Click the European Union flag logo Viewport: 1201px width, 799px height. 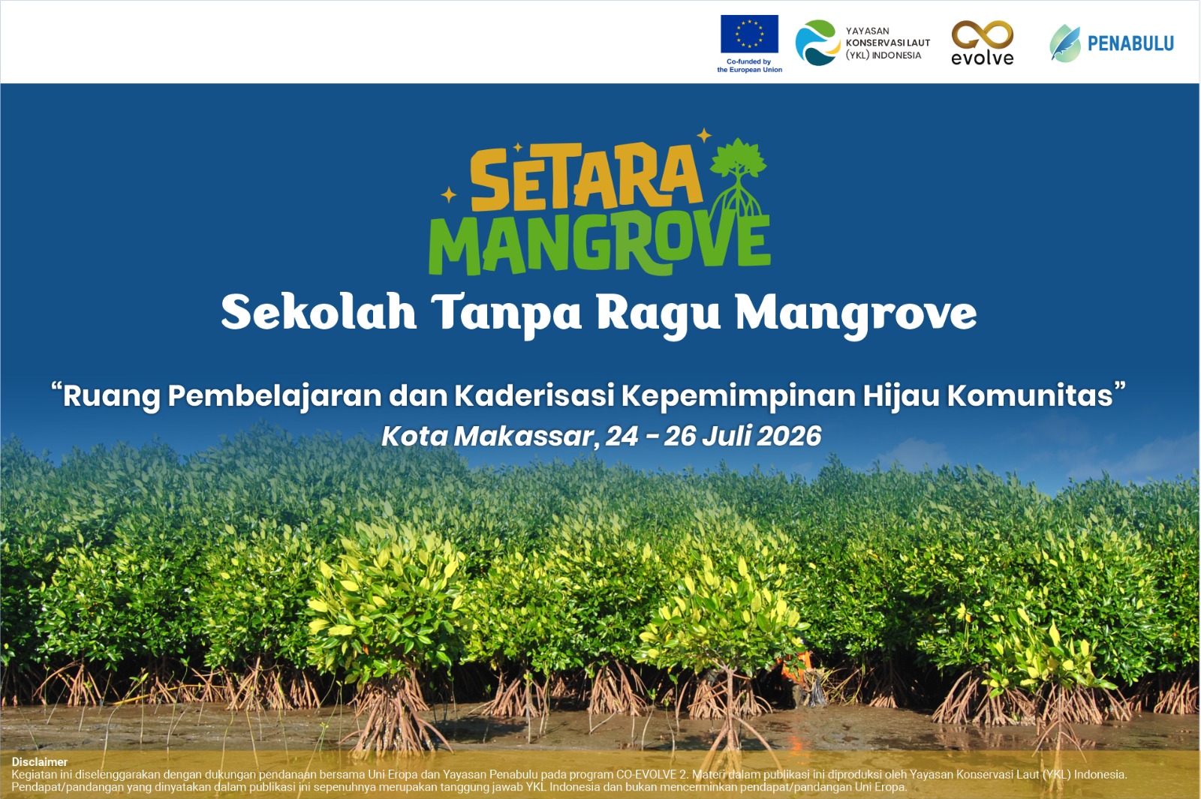[x=749, y=34]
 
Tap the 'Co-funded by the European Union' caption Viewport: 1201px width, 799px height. [x=750, y=65]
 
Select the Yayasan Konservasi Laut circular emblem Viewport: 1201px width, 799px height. [x=817, y=43]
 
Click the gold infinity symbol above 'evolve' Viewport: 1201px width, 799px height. [x=983, y=36]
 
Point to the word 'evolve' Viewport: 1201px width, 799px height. [x=983, y=58]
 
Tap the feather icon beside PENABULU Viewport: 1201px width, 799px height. [x=1065, y=44]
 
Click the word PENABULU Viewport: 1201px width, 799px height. [x=1130, y=44]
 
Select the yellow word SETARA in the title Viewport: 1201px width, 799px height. [x=586, y=178]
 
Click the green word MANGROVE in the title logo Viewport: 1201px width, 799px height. [x=600, y=244]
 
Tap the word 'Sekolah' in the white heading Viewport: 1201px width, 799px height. [x=319, y=312]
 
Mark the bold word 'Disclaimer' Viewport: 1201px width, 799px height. [x=40, y=761]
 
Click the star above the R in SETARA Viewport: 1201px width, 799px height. [x=704, y=136]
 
